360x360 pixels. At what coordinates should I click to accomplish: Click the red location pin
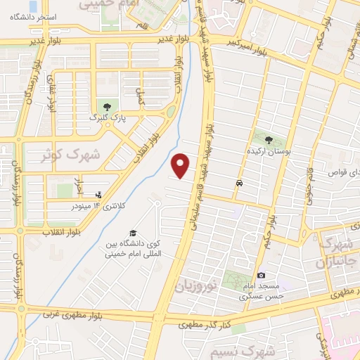pos(181,165)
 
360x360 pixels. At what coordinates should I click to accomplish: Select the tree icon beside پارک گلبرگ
pos(107,106)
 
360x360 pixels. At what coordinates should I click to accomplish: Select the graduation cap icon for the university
pos(132,233)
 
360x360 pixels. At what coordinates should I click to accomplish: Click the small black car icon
pos(240,183)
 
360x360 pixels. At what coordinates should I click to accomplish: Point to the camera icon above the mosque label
pos(261,276)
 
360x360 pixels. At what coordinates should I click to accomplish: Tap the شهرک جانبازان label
pos(337,254)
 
